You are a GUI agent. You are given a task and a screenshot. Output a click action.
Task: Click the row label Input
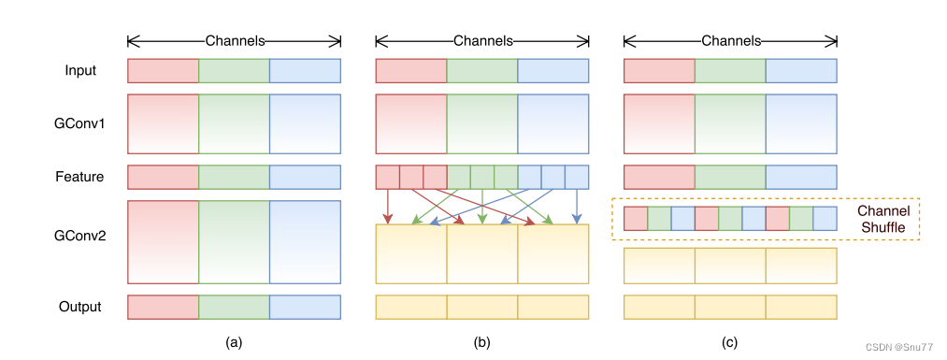click(x=80, y=71)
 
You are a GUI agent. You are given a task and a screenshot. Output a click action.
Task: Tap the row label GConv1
click(x=80, y=123)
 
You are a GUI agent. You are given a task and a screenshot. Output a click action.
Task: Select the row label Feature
click(x=79, y=177)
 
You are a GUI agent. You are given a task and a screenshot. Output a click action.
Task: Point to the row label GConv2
click(x=80, y=237)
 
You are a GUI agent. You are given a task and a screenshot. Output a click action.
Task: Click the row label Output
click(x=79, y=307)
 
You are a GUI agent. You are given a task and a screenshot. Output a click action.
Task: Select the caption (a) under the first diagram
click(x=234, y=343)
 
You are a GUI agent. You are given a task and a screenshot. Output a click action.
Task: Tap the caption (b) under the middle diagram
click(x=482, y=343)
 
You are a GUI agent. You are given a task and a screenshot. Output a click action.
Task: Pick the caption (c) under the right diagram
click(x=729, y=343)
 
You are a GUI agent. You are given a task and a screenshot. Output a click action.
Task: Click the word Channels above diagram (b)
click(x=482, y=41)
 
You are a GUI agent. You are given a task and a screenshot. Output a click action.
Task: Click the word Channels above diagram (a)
click(x=235, y=41)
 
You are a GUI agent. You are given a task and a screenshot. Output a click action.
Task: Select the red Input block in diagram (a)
click(x=163, y=71)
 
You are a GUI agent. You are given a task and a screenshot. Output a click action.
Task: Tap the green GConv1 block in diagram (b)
click(x=482, y=123)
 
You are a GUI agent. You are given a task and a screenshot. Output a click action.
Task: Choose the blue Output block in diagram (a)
click(x=305, y=307)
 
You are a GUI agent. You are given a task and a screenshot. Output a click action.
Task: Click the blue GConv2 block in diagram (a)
click(x=305, y=242)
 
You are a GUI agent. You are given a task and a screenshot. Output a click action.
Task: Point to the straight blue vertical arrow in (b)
click(x=577, y=207)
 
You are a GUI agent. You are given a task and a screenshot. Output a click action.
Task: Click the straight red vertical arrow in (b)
click(x=388, y=207)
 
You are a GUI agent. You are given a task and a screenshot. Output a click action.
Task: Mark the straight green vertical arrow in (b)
click(x=482, y=207)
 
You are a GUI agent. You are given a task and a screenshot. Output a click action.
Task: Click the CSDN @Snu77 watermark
click(x=899, y=347)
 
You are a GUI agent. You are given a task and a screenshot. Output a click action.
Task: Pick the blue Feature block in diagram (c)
click(x=801, y=177)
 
